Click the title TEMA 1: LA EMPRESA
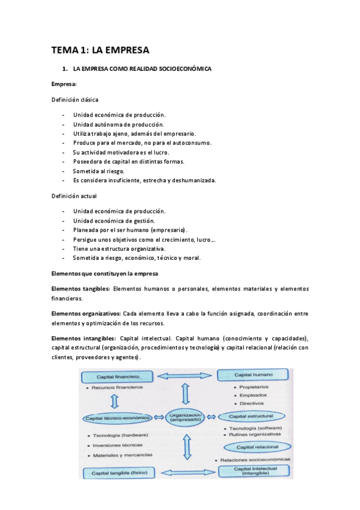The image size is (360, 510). [100, 50]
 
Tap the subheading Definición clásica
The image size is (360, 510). [75, 99]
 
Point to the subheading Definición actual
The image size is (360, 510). [74, 196]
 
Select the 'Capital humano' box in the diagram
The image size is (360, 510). [254, 375]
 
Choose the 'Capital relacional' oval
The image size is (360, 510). [257, 447]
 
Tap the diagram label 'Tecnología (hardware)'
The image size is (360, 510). [120, 435]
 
